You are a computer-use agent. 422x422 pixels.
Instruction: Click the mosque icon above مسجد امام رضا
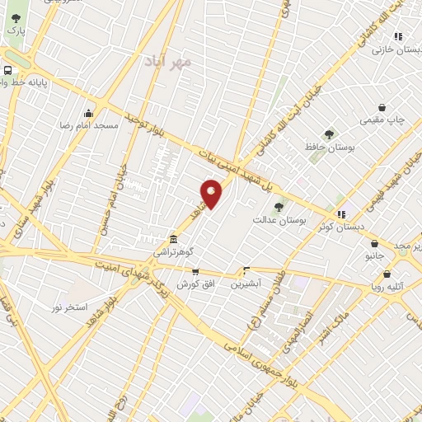click(89, 113)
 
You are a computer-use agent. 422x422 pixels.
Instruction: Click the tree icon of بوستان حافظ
click(330, 134)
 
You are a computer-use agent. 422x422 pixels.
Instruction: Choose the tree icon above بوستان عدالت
click(278, 207)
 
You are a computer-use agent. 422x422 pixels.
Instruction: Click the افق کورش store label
click(195, 282)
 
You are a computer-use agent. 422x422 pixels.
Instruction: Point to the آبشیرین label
click(245, 282)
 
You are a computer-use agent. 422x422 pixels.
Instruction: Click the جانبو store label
click(375, 256)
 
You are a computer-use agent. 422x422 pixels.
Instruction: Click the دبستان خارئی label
click(392, 49)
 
